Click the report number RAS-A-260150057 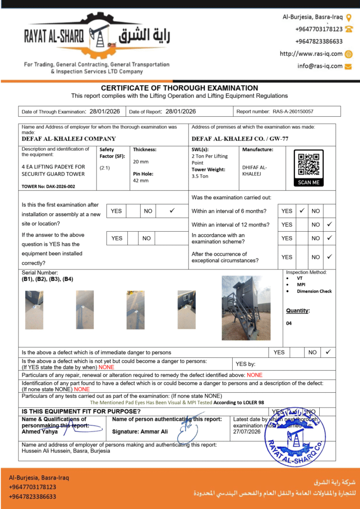click(x=293, y=112)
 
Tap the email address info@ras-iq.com click(x=320, y=66)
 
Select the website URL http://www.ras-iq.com click(x=311, y=54)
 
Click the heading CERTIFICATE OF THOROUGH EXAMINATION click(x=180, y=88)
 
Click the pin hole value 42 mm click(x=141, y=180)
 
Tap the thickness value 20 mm click(x=141, y=162)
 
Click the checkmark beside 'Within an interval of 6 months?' click(x=302, y=211)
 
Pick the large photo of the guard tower click(x=246, y=308)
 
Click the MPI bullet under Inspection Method click(x=301, y=285)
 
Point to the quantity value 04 click(x=289, y=323)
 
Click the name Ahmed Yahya click(x=40, y=431)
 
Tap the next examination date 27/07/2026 click(x=247, y=432)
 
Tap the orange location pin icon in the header click(x=349, y=17)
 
